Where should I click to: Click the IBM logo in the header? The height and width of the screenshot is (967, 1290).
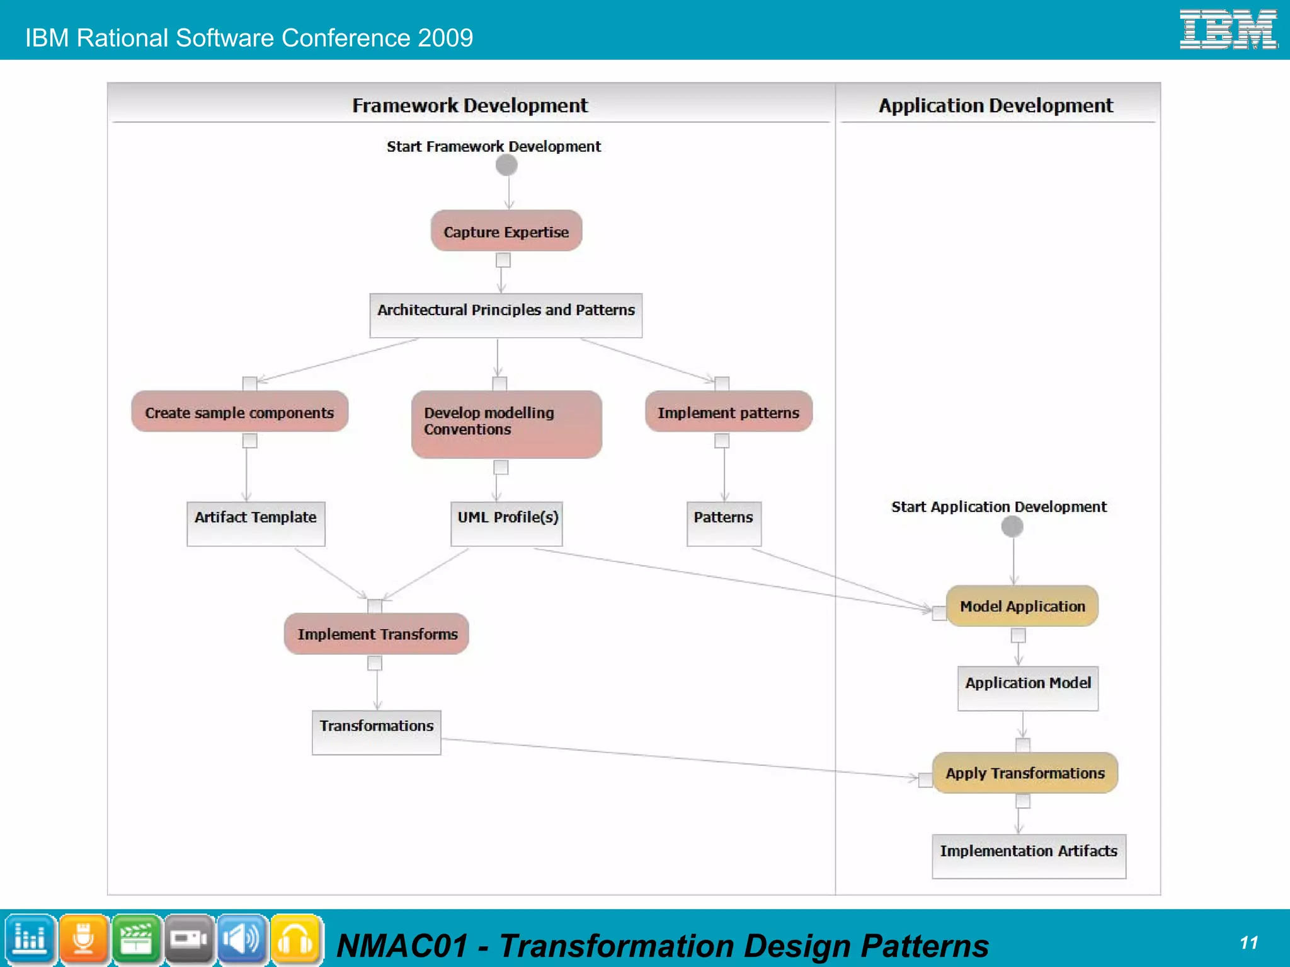click(x=1228, y=30)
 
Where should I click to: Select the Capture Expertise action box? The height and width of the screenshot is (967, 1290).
click(x=506, y=231)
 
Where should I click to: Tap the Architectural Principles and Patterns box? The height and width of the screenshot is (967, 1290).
click(x=506, y=315)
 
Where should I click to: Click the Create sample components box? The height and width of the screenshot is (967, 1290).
click(x=239, y=412)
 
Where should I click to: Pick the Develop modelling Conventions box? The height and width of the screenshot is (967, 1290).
click(x=506, y=424)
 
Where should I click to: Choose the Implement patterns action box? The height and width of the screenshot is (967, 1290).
click(x=728, y=412)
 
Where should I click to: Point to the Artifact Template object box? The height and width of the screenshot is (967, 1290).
click(x=256, y=523)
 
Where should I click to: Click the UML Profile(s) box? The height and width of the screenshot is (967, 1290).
click(x=506, y=523)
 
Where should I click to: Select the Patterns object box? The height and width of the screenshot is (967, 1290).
click(x=724, y=523)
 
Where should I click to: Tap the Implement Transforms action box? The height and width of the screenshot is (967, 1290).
click(x=377, y=634)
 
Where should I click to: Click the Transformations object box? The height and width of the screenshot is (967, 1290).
click(x=377, y=732)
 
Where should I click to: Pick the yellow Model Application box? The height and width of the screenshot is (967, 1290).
click(x=1022, y=606)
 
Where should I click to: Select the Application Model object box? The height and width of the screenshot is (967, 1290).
click(x=1027, y=688)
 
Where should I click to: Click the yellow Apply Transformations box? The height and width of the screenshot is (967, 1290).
click(x=1025, y=773)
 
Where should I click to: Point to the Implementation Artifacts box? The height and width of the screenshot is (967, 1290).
click(x=1029, y=856)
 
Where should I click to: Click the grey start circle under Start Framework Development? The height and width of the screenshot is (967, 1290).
click(x=506, y=165)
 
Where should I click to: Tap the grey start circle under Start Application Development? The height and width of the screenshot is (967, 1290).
click(x=1012, y=526)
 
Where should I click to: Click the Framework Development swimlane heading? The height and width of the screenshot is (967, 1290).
click(x=470, y=105)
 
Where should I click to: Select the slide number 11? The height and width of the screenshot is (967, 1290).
click(x=1249, y=942)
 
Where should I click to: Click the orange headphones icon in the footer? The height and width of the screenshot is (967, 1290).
click(x=295, y=940)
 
